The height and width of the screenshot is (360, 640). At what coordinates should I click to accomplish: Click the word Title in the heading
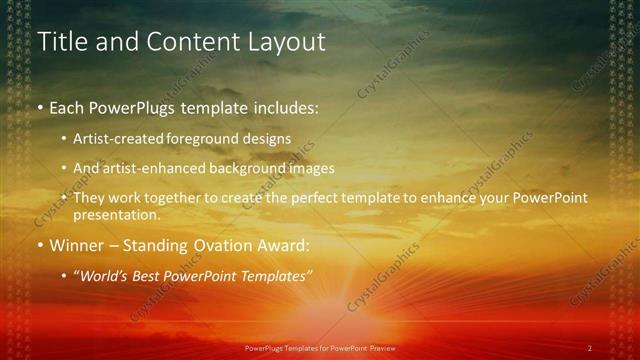(x=62, y=42)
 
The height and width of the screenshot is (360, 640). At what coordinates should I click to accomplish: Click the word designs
(x=269, y=139)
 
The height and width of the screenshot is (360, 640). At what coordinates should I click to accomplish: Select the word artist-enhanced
(x=153, y=168)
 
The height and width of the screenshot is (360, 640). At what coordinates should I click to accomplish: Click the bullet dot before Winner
(x=40, y=245)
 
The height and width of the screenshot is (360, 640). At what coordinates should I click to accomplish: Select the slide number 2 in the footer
(x=589, y=348)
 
